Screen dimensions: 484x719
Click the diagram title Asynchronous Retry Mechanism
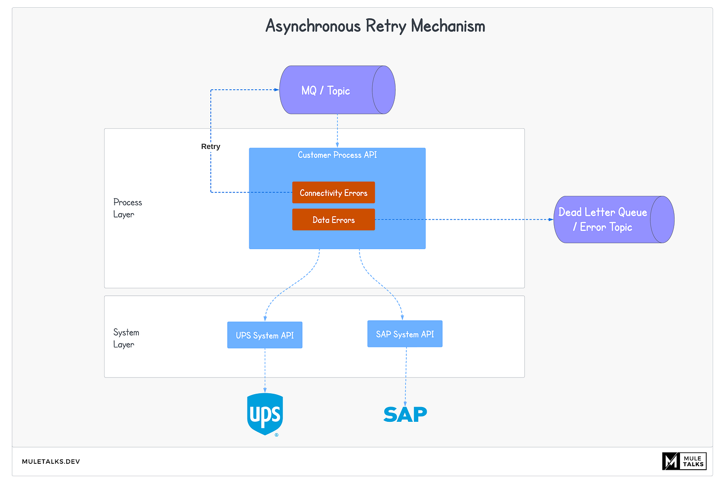point(375,26)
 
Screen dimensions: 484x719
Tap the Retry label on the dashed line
point(210,147)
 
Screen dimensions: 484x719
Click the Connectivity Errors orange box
point(333,192)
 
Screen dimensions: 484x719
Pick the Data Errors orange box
point(333,220)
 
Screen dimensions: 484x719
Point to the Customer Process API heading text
point(337,155)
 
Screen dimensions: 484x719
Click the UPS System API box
point(265,335)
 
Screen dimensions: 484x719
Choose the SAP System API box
point(404,334)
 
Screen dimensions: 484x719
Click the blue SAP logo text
point(405,414)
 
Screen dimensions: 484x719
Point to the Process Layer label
point(127,208)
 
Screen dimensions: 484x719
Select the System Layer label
point(126,338)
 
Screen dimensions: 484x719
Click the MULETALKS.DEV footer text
point(51,461)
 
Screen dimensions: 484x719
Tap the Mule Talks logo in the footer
point(684,461)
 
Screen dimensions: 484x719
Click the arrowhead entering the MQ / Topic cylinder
point(277,90)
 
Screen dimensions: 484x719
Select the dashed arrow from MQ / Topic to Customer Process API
point(337,131)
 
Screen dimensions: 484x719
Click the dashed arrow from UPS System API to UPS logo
point(265,370)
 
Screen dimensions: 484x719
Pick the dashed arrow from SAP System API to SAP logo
point(406,375)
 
